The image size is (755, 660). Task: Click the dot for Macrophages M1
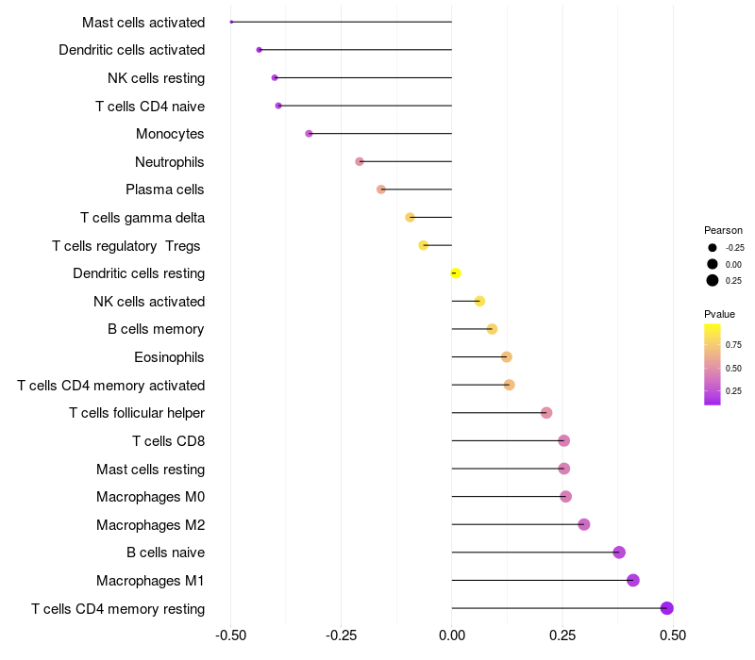tap(633, 580)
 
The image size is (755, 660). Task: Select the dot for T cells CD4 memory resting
tap(667, 608)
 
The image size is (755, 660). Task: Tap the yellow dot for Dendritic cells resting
tap(456, 273)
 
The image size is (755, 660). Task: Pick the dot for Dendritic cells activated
tap(260, 49)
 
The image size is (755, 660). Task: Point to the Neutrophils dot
tap(360, 161)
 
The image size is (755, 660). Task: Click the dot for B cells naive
tap(619, 553)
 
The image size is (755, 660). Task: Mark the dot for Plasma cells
tap(381, 190)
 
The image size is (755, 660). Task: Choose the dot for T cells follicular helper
tap(546, 413)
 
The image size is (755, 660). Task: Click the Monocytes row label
tap(170, 134)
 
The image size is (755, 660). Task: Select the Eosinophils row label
tap(170, 357)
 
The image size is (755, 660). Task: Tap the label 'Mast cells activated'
tap(143, 22)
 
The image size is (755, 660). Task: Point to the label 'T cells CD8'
tap(168, 441)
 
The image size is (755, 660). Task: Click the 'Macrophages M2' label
tap(150, 524)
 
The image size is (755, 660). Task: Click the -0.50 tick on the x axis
tap(230, 636)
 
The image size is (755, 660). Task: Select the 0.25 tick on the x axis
tap(562, 636)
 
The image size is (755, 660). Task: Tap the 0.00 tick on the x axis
tap(452, 636)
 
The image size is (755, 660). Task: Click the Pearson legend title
tap(723, 230)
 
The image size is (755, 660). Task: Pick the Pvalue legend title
tap(719, 314)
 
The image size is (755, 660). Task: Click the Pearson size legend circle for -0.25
tap(713, 248)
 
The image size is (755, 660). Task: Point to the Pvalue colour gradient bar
tap(713, 364)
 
